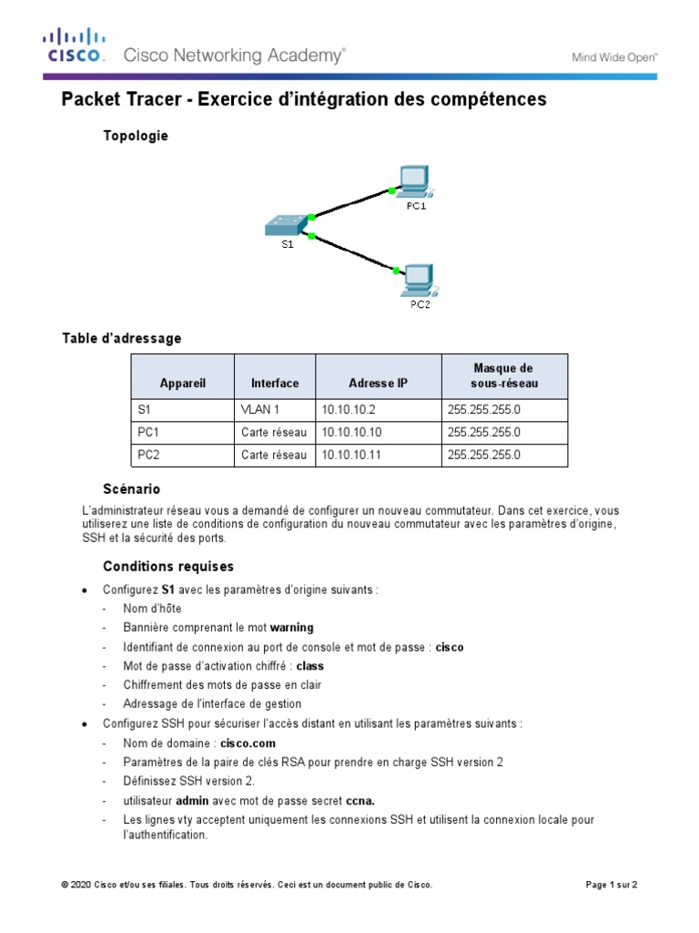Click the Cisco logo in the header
pos(76,46)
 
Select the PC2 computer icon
pos(418,280)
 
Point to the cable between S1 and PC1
pos(350,203)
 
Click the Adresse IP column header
pos(378,384)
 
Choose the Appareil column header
pos(183,384)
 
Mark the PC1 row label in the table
pos(147,432)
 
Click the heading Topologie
pos(136,136)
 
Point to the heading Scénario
pos(131,489)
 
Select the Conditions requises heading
pos(168,566)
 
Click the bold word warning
pos(291,628)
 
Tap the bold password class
pos(310,666)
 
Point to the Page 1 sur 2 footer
pos(610,885)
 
